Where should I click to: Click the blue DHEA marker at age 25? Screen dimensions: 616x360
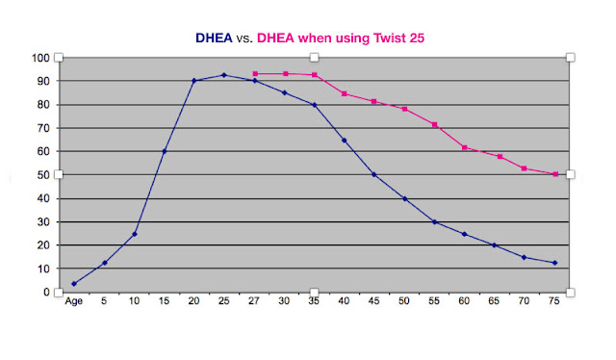(224, 75)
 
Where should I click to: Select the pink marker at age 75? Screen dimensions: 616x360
(555, 174)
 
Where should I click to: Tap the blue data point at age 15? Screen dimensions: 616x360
(165, 151)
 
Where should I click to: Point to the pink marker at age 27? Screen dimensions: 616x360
(255, 74)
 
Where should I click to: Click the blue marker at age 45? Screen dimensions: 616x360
(374, 174)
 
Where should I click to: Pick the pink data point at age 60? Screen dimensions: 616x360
(464, 148)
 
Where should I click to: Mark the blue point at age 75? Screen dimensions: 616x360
(554, 263)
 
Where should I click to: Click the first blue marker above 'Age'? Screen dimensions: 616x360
(74, 284)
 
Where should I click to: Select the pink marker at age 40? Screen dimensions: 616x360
(345, 94)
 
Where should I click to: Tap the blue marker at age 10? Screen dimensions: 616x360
(135, 234)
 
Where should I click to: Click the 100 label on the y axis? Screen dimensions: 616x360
(40, 58)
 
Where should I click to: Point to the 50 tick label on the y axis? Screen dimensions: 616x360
(43, 175)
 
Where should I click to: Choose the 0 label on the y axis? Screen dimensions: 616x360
(46, 292)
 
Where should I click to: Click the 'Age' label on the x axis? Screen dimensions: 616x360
(73, 301)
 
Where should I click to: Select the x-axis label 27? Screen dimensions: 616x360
(254, 301)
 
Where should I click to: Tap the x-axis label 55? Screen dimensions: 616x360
(434, 301)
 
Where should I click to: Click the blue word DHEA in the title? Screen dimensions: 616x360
(214, 39)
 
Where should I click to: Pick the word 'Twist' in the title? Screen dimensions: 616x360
(390, 39)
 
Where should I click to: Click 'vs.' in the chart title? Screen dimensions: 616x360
(244, 39)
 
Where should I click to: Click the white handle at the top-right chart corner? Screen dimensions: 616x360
(571, 58)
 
